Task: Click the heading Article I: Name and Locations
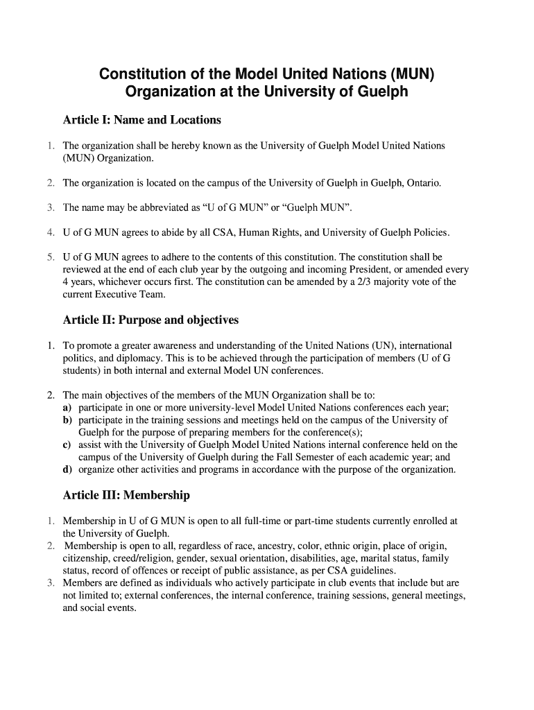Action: [x=141, y=120]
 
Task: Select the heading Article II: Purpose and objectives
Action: [x=150, y=320]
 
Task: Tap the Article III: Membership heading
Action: [x=126, y=495]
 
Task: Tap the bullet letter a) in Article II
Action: [x=68, y=407]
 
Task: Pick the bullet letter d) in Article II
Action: [x=68, y=469]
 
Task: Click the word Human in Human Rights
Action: [x=252, y=232]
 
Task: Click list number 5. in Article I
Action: [x=51, y=257]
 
